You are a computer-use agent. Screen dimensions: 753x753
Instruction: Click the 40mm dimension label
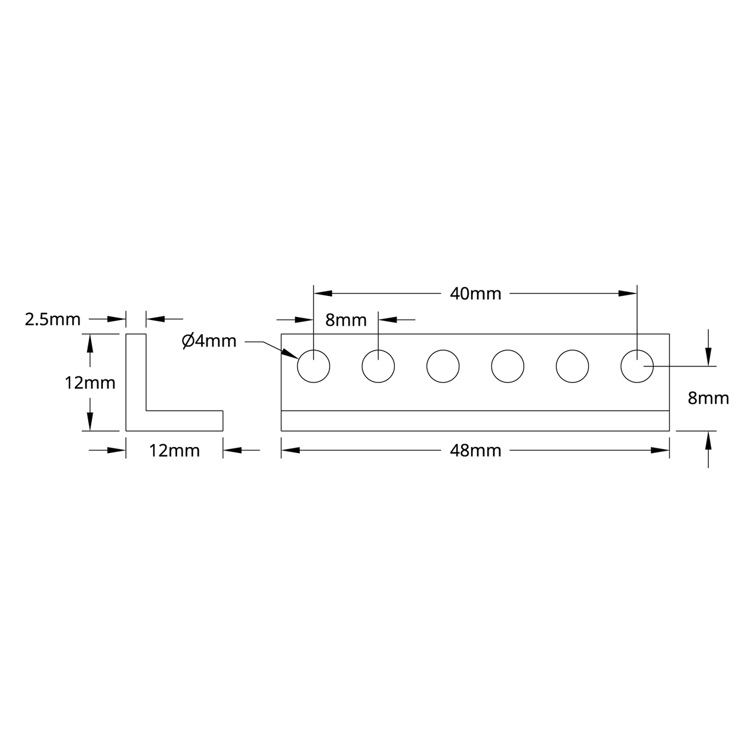[475, 294]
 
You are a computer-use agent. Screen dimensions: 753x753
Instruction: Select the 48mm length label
[475, 451]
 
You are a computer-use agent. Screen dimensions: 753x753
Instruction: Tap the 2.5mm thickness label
[52, 319]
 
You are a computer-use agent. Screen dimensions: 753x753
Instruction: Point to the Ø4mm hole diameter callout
[209, 341]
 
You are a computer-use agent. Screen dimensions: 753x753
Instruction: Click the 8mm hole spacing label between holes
[346, 320]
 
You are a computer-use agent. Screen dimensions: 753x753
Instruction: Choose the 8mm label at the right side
[708, 398]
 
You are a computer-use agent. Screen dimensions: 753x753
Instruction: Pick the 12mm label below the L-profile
[175, 451]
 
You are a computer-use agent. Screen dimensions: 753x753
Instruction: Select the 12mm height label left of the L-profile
[90, 383]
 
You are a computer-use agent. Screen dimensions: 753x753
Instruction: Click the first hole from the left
[314, 366]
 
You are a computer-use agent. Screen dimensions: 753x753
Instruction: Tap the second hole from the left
[378, 366]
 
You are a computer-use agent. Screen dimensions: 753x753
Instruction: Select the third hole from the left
[443, 366]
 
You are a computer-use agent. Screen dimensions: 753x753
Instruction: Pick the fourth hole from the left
[508, 366]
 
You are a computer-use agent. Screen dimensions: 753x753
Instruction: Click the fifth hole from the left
[572, 366]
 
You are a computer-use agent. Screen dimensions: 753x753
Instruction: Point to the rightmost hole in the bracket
[637, 366]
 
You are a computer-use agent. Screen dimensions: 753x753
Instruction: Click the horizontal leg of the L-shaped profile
[184, 421]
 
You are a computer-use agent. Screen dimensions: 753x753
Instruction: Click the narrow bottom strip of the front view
[475, 421]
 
